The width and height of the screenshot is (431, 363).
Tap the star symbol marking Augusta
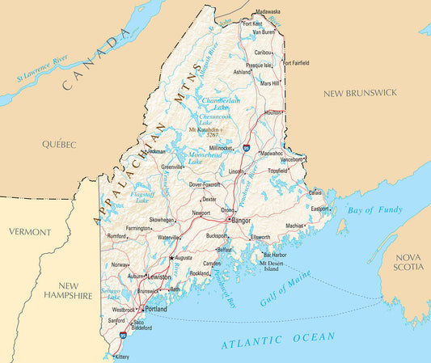tap(171, 258)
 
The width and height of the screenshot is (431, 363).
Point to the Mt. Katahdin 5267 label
tap(207, 132)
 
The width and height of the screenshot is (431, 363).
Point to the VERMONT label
tap(30, 232)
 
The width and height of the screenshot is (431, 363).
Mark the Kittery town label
tap(121, 356)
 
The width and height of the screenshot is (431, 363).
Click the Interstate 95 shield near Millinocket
tap(245, 147)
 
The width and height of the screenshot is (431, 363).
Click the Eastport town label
tap(319, 209)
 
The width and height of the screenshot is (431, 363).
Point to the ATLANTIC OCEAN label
tap(277, 341)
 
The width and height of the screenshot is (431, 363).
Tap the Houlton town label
tap(274, 112)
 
